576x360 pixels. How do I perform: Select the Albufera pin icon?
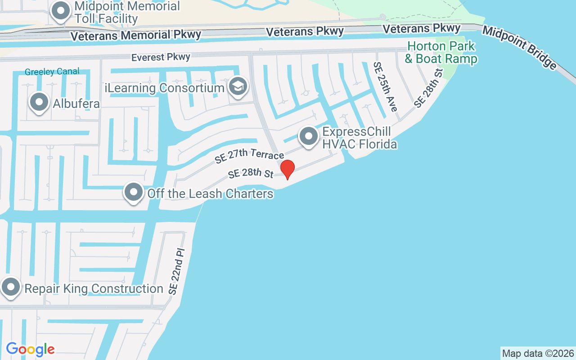click(39, 102)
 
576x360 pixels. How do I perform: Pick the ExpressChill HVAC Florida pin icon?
click(309, 136)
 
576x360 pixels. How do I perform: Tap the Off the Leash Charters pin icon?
click(133, 193)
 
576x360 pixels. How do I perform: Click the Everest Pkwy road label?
click(161, 57)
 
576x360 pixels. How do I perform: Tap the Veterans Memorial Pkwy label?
click(135, 35)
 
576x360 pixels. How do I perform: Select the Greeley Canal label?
click(52, 72)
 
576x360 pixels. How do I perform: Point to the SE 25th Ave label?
click(385, 86)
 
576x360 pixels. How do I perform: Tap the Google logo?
click(30, 349)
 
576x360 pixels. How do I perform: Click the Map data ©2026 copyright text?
click(538, 353)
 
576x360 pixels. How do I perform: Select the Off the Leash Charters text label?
click(210, 194)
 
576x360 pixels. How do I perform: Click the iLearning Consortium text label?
click(164, 88)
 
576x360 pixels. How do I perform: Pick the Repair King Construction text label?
click(94, 288)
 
